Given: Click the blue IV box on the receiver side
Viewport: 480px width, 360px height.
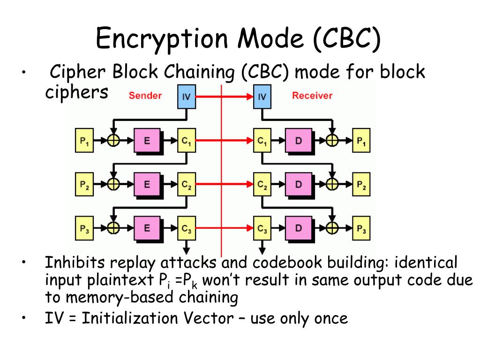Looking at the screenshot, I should pyautogui.click(x=262, y=97).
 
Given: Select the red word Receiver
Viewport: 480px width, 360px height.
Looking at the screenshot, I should pyautogui.click(x=312, y=96).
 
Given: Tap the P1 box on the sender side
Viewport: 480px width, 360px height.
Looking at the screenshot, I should pyautogui.click(x=84, y=140).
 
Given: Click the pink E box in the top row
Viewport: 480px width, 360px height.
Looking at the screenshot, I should pyautogui.click(x=147, y=140).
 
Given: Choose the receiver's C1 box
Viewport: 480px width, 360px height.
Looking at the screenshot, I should pyautogui.click(x=262, y=140).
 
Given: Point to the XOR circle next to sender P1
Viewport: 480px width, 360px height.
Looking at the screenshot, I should pyautogui.click(x=113, y=140).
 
